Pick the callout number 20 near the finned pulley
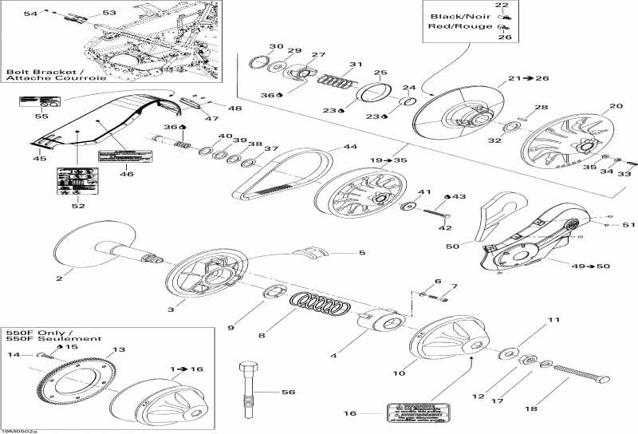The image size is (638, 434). (616, 106)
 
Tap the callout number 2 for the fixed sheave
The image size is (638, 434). (59, 278)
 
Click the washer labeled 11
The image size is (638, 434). (506, 351)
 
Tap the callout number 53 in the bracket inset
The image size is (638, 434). (108, 12)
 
